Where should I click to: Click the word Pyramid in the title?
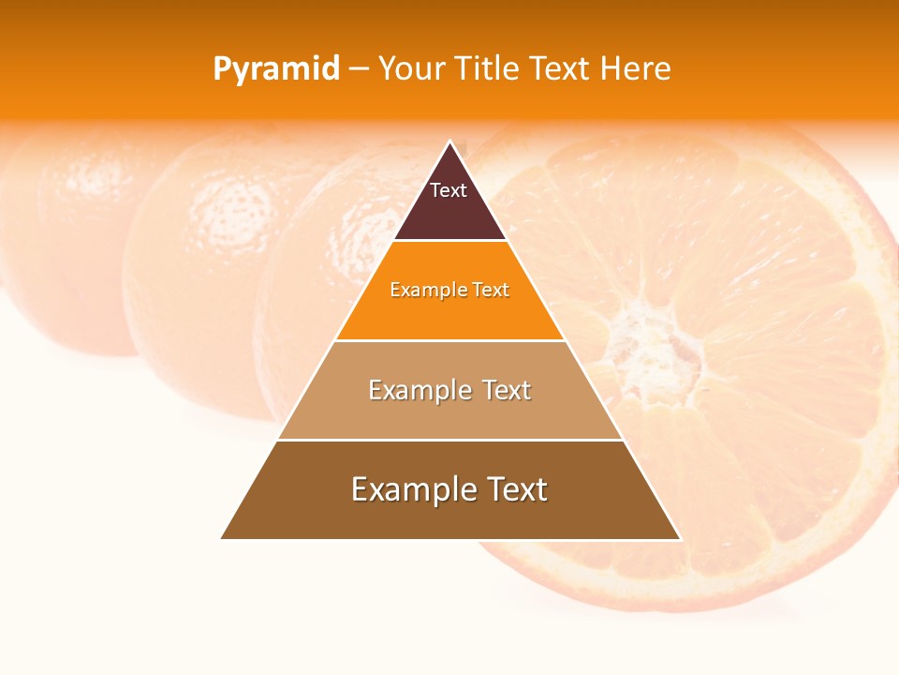pos(276,69)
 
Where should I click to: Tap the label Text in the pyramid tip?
pos(449,190)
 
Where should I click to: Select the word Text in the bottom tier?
pos(514,489)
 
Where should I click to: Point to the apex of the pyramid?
pos(450,142)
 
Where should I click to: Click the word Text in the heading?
pos(562,69)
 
